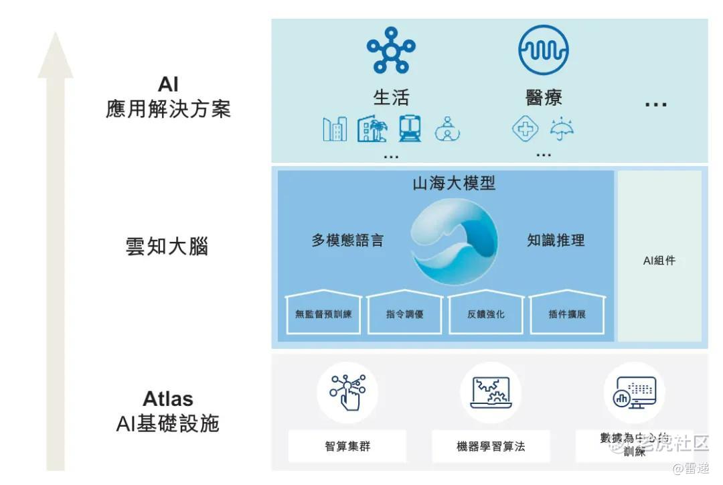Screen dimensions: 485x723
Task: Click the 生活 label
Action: point(391,98)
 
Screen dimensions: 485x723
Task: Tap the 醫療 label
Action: point(543,98)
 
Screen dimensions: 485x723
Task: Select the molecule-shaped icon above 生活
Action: point(391,50)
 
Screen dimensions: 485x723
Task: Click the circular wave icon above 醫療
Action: point(543,50)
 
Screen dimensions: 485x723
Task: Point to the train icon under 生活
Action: point(410,128)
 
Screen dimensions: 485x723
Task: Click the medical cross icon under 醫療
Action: point(526,128)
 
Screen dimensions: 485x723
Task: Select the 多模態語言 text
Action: point(347,240)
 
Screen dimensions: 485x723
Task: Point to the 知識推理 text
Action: point(556,240)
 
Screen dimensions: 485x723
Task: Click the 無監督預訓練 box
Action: point(323,314)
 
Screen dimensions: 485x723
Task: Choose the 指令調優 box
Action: point(405,314)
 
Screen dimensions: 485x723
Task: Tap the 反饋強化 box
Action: point(486,314)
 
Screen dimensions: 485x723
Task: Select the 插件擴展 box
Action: point(568,314)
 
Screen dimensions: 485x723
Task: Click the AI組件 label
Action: point(659,261)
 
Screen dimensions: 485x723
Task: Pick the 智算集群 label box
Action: point(347,446)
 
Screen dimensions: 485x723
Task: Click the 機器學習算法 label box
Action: point(491,446)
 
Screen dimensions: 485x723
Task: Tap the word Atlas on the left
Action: point(168,399)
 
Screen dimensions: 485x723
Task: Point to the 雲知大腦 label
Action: point(167,247)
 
